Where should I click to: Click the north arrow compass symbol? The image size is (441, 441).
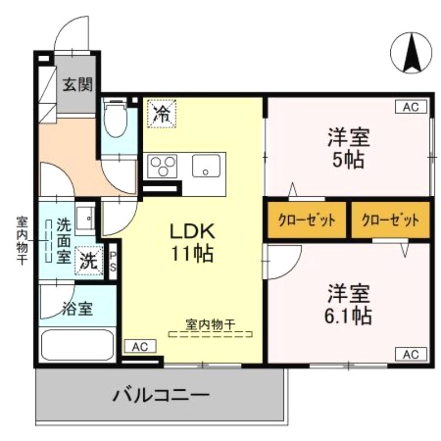411,53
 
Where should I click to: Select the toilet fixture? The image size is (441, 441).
116,119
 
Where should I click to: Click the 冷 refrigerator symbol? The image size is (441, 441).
162,114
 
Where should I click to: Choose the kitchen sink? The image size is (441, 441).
206,165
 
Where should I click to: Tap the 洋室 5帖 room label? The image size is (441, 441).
347,148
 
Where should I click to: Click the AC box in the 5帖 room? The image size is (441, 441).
411,107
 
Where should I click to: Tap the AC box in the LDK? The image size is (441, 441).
140,346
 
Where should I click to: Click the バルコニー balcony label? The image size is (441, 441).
162,395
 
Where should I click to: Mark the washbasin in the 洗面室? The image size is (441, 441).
85,217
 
